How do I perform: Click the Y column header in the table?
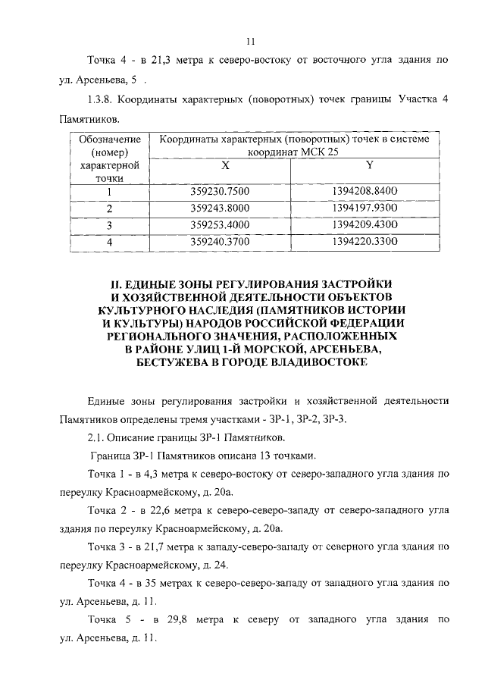pos(369,164)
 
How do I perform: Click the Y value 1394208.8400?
pos(369,191)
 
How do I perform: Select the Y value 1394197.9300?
pos(369,208)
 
